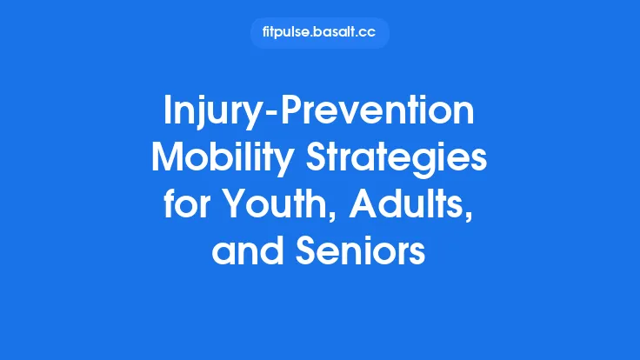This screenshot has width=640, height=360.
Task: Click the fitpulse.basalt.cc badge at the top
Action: pos(319,33)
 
